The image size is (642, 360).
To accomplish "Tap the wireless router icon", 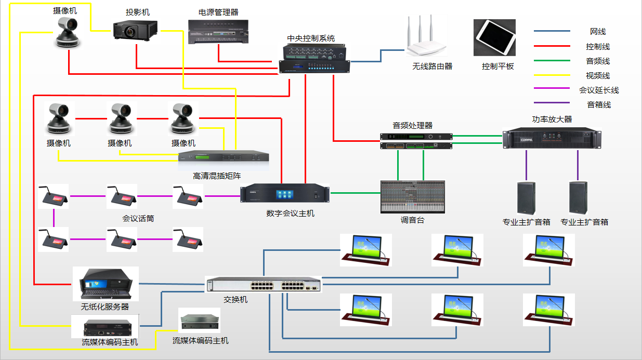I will [x=426, y=38].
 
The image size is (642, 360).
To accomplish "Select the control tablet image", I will [x=494, y=37].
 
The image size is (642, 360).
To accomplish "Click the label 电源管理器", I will [x=218, y=12].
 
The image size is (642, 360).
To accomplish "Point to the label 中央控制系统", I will [x=311, y=38].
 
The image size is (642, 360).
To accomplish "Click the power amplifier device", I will [x=552, y=138].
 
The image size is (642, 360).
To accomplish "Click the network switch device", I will [x=264, y=285].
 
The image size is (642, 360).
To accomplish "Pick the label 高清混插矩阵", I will [x=217, y=176].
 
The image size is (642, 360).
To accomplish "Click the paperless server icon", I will [x=106, y=284].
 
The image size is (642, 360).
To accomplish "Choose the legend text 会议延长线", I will [x=599, y=90].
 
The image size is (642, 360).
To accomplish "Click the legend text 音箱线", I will [x=599, y=104].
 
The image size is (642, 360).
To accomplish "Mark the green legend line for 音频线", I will [x=552, y=61].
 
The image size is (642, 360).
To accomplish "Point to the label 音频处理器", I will [x=412, y=125].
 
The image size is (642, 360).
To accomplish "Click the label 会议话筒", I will [x=138, y=218].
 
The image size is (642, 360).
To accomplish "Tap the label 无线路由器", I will [x=432, y=66].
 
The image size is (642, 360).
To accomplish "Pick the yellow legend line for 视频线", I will [x=552, y=75].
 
